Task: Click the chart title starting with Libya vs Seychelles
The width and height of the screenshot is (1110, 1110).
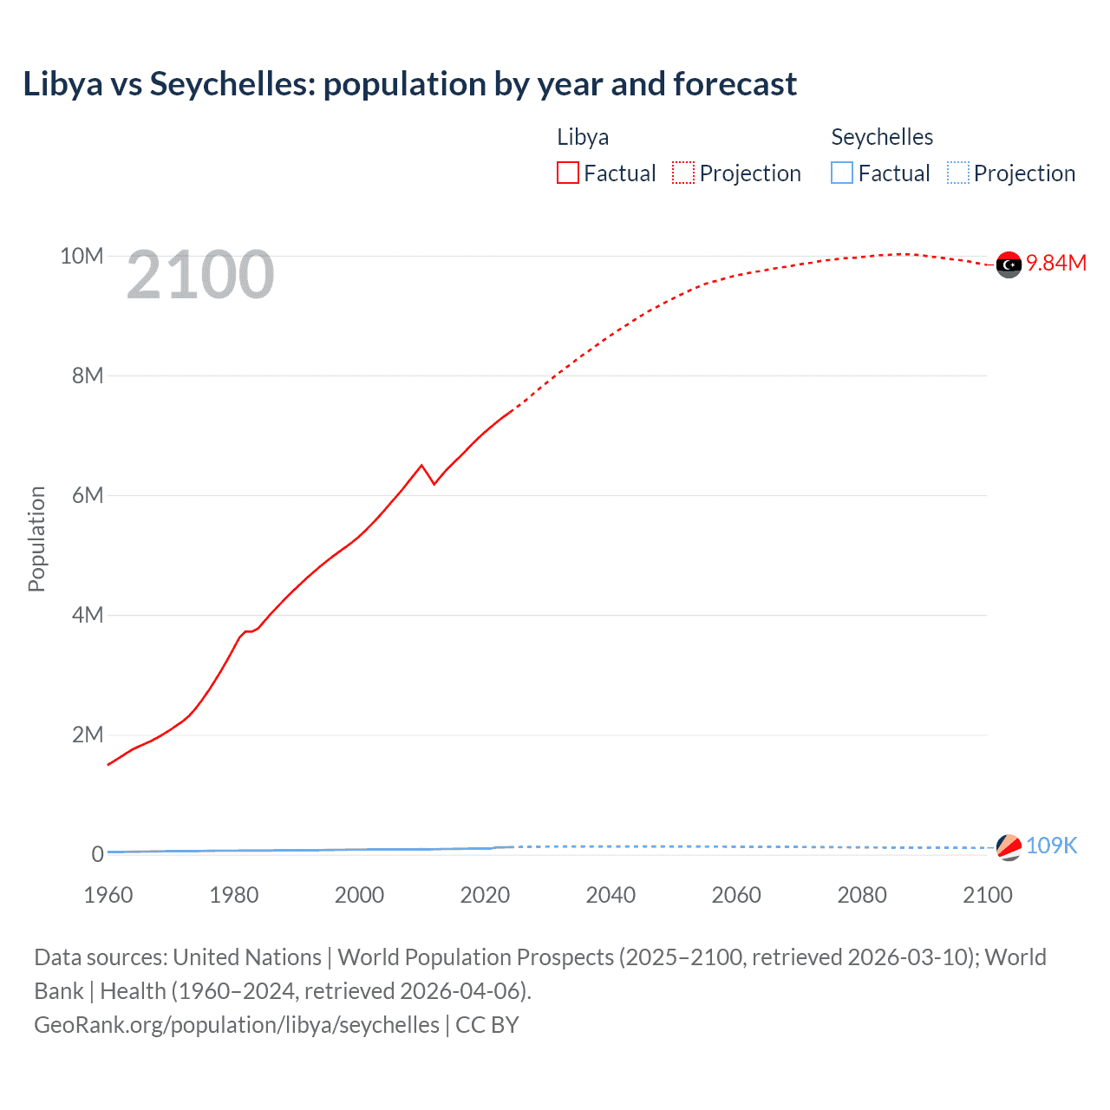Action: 409,84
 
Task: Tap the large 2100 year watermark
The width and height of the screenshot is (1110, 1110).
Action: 200,275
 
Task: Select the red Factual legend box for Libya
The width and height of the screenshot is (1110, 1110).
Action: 568,173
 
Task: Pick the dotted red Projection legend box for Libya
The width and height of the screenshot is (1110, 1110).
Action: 683,173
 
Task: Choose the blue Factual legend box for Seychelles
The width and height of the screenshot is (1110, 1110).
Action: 842,173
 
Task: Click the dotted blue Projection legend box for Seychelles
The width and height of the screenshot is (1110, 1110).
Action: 958,173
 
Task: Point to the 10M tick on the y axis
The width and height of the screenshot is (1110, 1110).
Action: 82,257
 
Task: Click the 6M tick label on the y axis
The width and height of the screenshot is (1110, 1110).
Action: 88,495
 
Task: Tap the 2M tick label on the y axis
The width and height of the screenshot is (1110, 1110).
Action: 88,735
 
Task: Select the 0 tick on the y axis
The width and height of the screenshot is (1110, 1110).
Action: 97,854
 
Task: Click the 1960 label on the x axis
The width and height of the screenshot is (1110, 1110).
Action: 108,895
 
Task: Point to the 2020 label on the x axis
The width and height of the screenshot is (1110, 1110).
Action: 485,895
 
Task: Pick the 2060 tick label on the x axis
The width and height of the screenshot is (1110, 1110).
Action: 736,895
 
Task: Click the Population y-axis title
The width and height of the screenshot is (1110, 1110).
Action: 36,539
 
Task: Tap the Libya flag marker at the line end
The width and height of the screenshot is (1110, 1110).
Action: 1009,264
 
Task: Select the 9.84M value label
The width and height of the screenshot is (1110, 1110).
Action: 1056,264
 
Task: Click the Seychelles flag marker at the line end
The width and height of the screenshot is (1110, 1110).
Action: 1009,847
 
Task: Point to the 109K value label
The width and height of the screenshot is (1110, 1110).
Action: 1051,846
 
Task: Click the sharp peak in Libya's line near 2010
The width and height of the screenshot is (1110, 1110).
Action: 422,466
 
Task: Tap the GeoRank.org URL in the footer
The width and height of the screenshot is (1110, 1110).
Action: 237,1025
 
